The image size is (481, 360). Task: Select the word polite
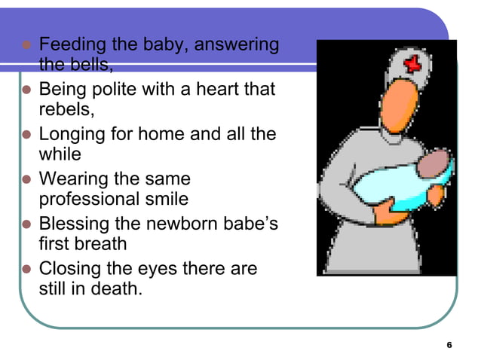(x=119, y=90)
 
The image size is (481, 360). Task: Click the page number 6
(x=449, y=345)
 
